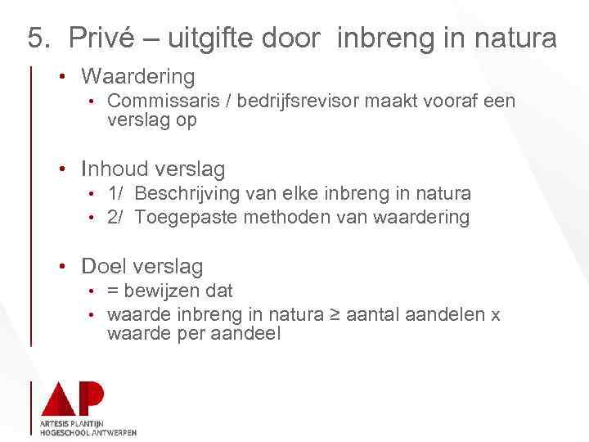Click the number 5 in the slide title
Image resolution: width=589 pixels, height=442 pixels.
(35, 38)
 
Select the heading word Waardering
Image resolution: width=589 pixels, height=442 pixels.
(138, 77)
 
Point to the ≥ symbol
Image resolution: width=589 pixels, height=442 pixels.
(333, 315)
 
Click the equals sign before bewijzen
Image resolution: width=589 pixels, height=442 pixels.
(113, 291)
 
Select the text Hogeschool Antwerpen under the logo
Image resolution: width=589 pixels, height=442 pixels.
(88, 432)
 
